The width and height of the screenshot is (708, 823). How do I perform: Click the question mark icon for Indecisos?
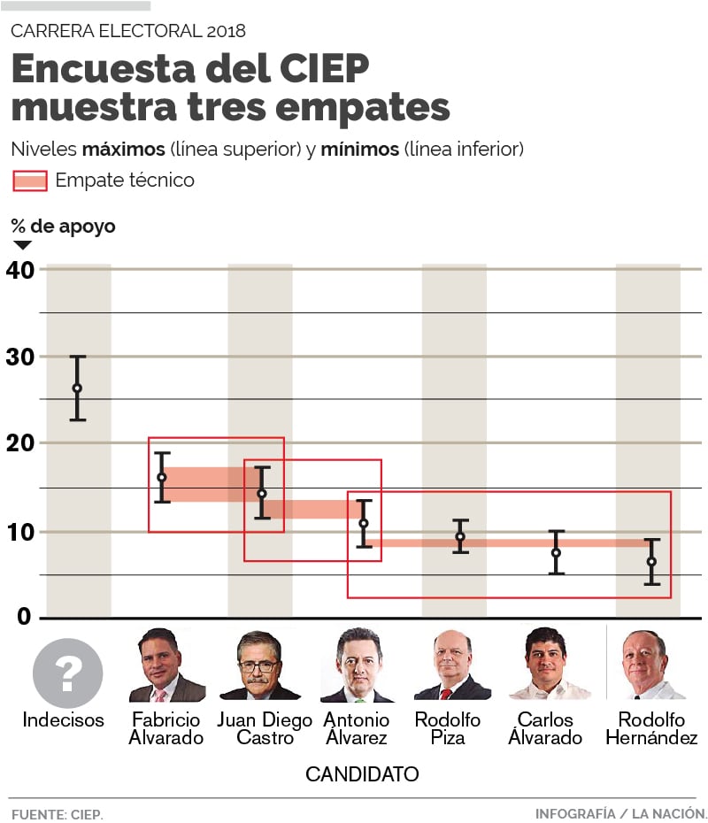tap(67, 673)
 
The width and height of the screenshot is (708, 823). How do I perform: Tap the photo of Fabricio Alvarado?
tap(166, 665)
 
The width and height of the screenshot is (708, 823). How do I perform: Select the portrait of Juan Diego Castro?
tap(259, 665)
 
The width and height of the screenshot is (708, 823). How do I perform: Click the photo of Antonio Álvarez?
tap(358, 665)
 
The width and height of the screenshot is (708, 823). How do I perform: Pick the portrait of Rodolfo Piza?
tap(452, 665)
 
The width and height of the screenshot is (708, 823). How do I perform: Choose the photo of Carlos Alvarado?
tap(550, 665)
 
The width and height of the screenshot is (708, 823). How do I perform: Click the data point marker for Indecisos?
tap(78, 388)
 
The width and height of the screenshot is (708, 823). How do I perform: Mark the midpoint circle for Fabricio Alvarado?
tap(162, 478)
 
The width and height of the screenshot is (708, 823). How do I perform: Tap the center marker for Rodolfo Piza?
tap(460, 536)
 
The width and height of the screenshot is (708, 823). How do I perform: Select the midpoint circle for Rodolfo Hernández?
tap(651, 562)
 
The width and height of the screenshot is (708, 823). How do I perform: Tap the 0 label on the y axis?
tap(23, 617)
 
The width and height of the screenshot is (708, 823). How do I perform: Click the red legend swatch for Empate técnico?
tap(30, 181)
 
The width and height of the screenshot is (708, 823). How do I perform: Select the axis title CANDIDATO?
tap(361, 774)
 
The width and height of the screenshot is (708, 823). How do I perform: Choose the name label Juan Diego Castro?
tap(265, 728)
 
